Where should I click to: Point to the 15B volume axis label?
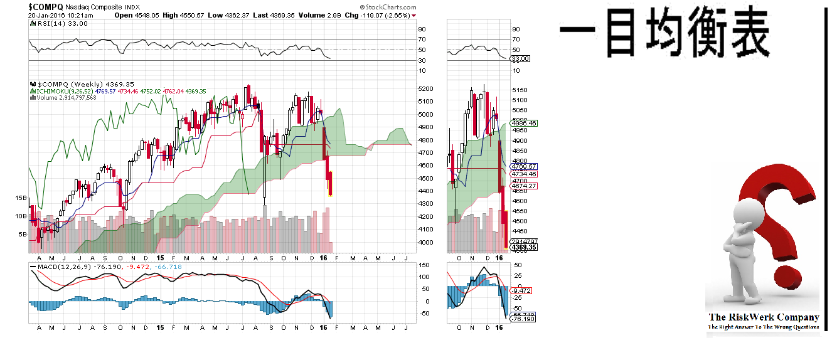click(x=21, y=198)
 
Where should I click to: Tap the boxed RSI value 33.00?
click(x=521, y=58)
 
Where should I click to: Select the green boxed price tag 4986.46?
click(x=524, y=124)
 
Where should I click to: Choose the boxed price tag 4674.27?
click(x=524, y=186)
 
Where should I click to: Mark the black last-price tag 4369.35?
click(x=524, y=248)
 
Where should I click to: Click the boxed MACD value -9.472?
click(x=522, y=290)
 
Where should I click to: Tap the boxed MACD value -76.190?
click(x=523, y=319)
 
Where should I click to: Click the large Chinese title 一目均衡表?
click(x=664, y=34)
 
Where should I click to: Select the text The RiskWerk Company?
click(x=763, y=317)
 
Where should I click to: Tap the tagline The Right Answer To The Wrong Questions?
click(x=763, y=327)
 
